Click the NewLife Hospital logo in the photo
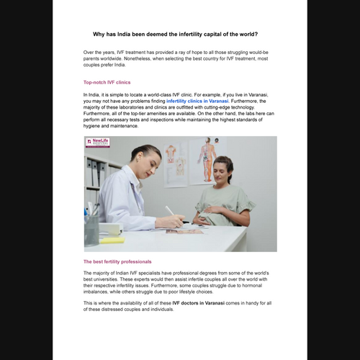(98, 143)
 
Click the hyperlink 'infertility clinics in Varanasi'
(197, 101)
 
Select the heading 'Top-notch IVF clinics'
(107, 82)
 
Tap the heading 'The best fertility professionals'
(117, 261)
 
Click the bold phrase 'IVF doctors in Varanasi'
(199, 303)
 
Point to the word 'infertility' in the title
(191, 35)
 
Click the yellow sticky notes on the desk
(112, 240)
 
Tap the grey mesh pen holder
(91, 230)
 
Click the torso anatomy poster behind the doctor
(176, 164)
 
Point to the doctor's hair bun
(135, 150)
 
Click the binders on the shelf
(96, 172)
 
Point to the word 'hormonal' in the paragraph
(252, 286)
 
